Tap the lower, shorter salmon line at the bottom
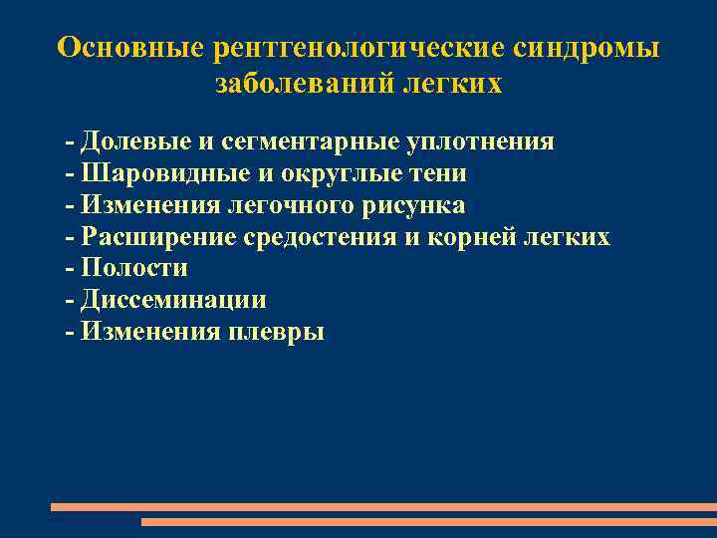coord(428,521)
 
